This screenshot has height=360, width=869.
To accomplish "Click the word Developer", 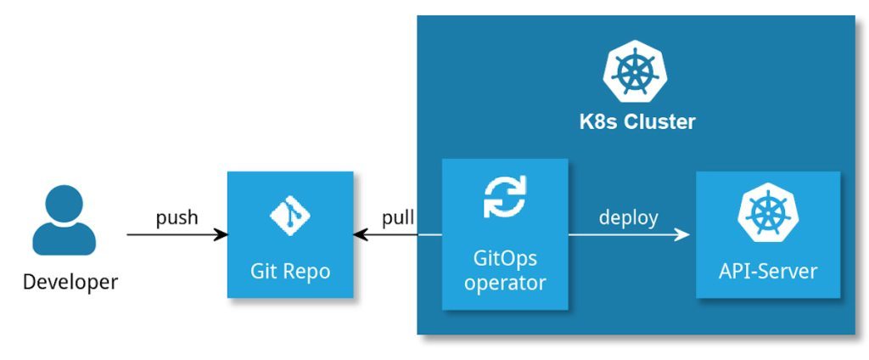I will click(x=70, y=281).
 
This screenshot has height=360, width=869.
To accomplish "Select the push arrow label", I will click(x=177, y=217).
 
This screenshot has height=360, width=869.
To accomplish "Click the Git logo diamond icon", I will click(x=289, y=217).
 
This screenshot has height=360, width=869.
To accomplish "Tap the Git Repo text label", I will click(x=289, y=272).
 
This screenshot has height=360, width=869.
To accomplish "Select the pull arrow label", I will click(x=398, y=217).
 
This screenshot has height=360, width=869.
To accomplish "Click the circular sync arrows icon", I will click(x=505, y=197).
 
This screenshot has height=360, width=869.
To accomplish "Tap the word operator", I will click(x=505, y=283).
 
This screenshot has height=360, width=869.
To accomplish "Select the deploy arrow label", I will click(x=628, y=217).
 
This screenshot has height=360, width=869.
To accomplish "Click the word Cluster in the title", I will click(x=660, y=122).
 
